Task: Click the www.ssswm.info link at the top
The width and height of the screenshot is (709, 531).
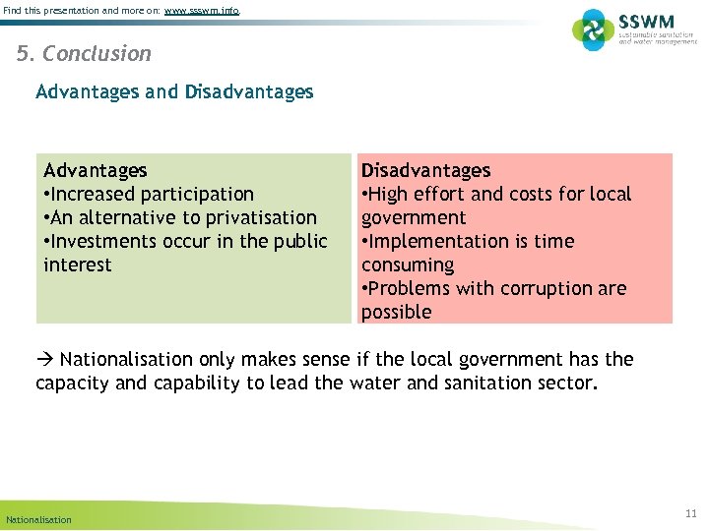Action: (201, 10)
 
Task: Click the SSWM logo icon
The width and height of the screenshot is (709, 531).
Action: (593, 29)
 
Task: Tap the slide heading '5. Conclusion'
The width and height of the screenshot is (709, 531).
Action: (85, 54)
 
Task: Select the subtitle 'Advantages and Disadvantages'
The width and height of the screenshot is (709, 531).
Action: (174, 92)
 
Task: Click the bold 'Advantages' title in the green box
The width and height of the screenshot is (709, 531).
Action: (96, 171)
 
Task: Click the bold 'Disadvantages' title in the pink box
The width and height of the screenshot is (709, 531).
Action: (425, 171)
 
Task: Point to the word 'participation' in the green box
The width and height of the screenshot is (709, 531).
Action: (196, 195)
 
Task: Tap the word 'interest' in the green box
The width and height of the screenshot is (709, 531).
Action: (78, 265)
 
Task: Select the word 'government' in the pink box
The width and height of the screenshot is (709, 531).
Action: (414, 218)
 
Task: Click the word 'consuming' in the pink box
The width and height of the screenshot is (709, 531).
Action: (408, 265)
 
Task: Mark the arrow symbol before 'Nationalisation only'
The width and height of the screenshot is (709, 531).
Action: (45, 360)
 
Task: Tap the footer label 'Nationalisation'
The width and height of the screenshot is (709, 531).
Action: (38, 519)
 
